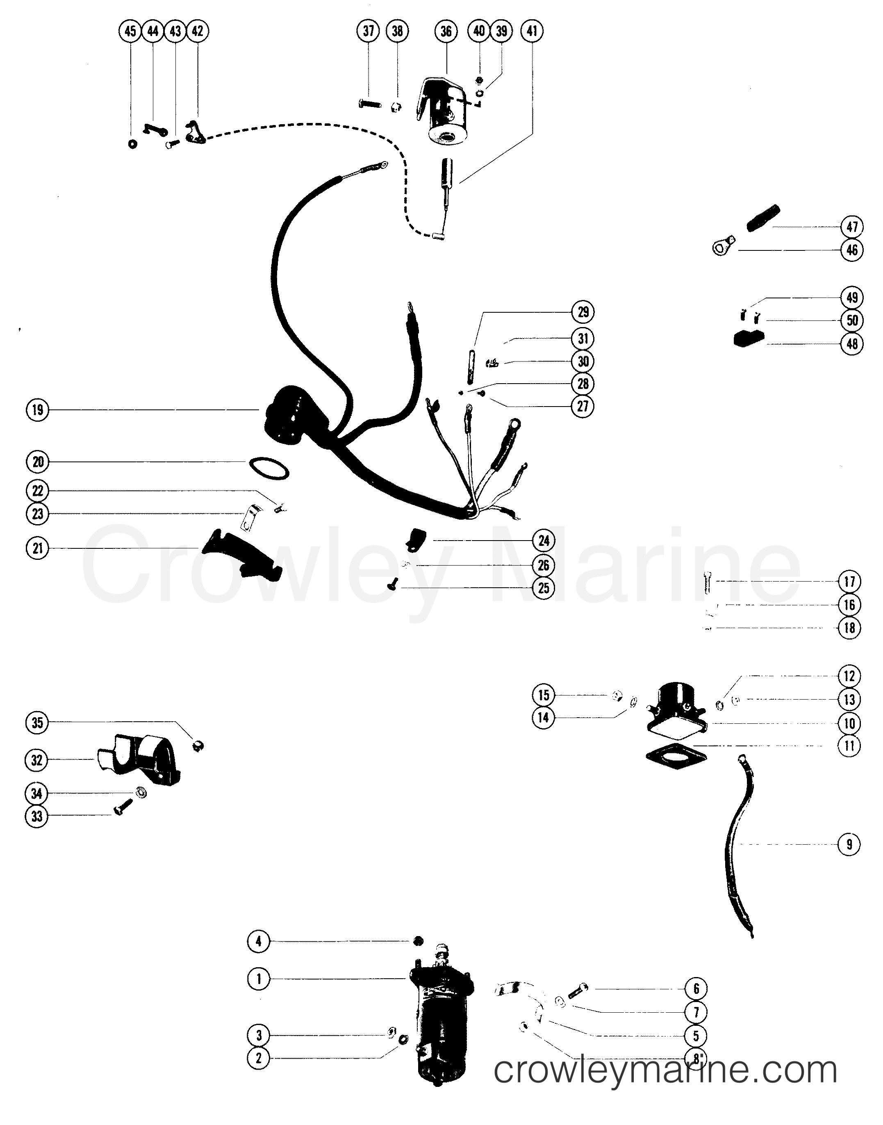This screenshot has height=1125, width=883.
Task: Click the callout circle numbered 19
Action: tap(37, 410)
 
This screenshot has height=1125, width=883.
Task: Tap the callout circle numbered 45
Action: tap(130, 31)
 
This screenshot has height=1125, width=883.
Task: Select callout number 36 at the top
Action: tap(446, 31)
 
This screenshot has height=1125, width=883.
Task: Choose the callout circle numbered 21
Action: tap(37, 548)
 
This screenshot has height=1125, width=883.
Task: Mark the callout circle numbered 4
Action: tap(259, 941)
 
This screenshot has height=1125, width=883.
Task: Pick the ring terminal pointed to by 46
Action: tap(723, 246)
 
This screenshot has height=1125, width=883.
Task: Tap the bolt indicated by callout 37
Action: tap(370, 104)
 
